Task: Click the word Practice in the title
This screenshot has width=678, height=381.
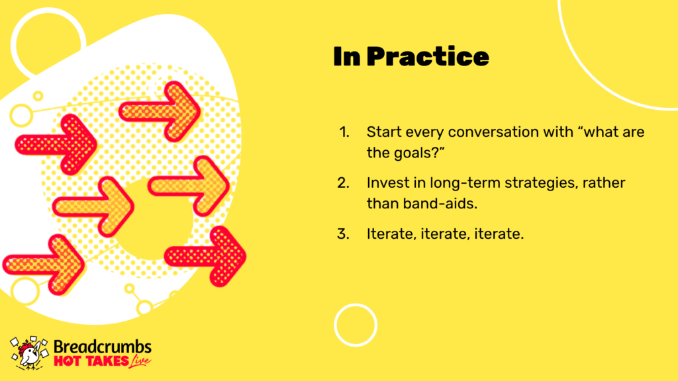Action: [428, 57]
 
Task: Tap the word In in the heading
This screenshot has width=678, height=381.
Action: [347, 57]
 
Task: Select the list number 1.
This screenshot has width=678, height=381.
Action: [344, 132]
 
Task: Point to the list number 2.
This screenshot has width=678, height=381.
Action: [344, 183]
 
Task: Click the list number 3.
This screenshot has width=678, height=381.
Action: [344, 233]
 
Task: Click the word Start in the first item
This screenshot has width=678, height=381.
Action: [383, 132]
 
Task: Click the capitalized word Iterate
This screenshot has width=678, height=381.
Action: [391, 233]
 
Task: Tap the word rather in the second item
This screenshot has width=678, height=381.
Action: [604, 183]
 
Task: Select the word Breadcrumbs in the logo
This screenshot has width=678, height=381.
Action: [103, 347]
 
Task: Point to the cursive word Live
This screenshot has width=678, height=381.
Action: [140, 361]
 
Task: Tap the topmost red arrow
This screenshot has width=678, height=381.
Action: [160, 111]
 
